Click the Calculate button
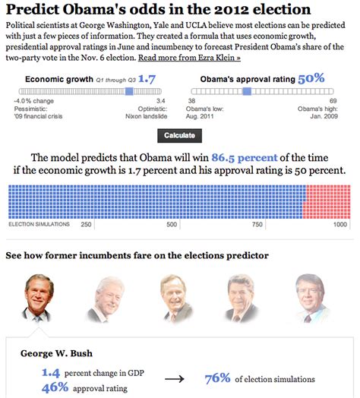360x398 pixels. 179,135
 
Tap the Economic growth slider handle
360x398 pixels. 129,90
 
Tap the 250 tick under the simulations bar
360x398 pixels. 86,225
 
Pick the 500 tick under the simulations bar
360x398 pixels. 172,225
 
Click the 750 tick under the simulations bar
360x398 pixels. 257,225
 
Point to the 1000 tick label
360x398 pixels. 339,225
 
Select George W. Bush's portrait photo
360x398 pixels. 37,297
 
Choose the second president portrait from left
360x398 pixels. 109,297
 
